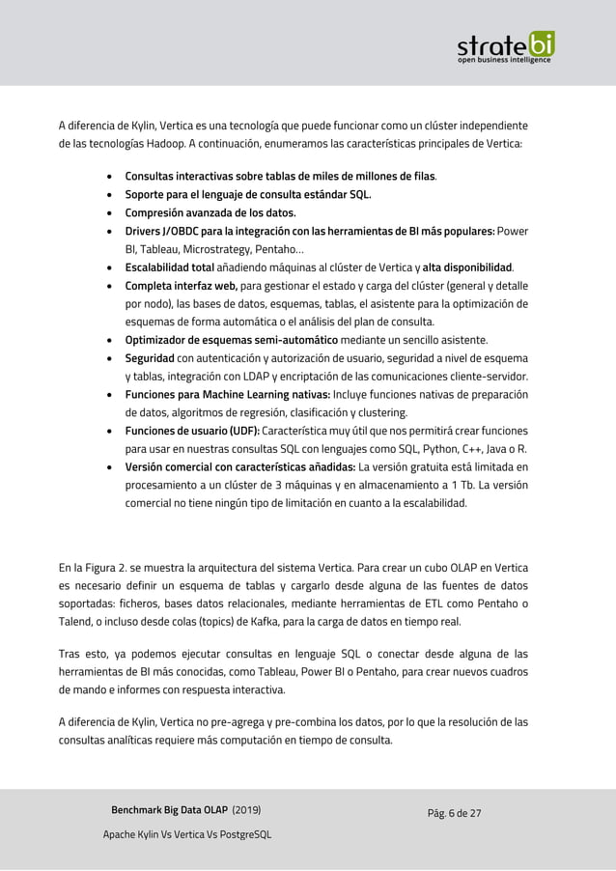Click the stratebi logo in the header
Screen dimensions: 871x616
505,44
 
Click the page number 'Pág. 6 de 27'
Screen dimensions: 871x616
454,812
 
